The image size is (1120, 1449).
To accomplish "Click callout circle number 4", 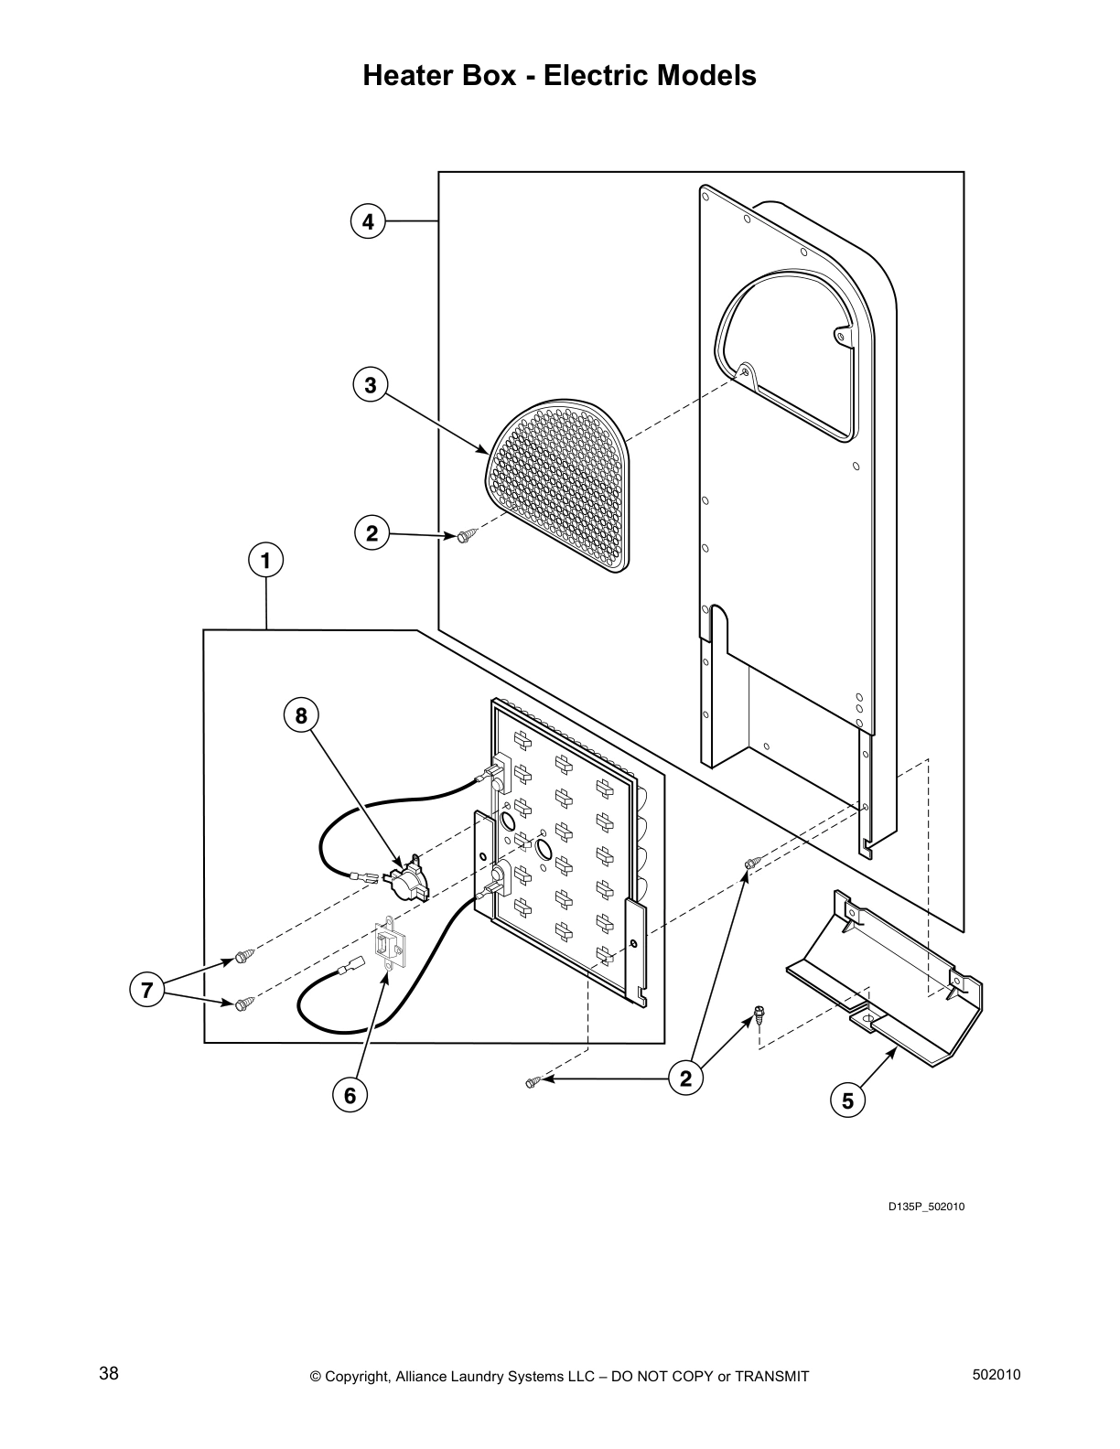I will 367,221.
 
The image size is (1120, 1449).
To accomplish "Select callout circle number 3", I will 370,385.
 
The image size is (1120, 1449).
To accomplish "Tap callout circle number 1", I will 266,560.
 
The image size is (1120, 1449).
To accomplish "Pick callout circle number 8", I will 301,715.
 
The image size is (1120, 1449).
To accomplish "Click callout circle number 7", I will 146,989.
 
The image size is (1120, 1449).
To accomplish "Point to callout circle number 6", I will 349,1094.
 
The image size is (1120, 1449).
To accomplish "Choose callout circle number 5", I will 847,1101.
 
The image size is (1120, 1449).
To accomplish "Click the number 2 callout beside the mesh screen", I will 372,533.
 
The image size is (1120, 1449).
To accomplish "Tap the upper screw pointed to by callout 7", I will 243,957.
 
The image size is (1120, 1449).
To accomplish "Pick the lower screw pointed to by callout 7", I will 243,1004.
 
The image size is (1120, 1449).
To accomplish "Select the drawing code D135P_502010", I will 926,1207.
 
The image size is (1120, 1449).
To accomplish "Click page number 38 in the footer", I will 109,1374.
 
